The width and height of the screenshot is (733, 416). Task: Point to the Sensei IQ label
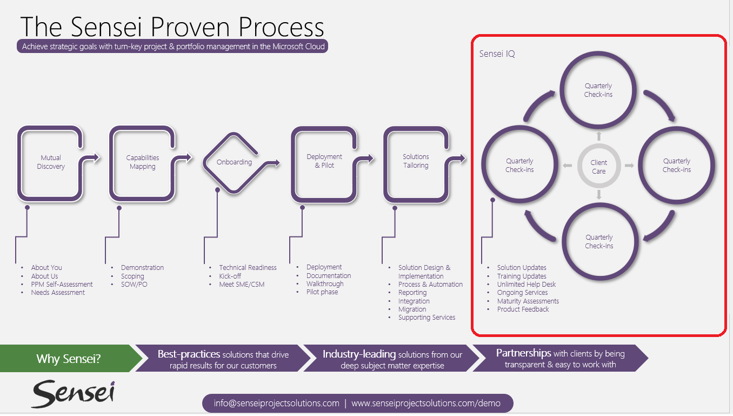pos(497,54)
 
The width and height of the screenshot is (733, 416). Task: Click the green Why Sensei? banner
pos(69,358)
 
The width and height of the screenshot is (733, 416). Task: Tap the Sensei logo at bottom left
pos(73,394)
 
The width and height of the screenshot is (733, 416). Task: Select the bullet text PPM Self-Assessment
pos(62,285)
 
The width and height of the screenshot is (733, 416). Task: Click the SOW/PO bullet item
pos(134,285)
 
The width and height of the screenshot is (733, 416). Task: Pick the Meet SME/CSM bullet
pos(242,285)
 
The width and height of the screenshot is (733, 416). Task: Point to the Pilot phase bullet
pos(322,292)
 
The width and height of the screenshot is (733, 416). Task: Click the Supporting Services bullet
pos(427,318)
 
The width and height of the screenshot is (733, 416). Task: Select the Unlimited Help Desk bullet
pos(527,285)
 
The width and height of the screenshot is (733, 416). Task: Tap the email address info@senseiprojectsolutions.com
pos(277,403)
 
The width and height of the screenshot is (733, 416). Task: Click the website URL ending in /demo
pos(426,403)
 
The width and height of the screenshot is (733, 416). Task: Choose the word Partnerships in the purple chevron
pos(524,353)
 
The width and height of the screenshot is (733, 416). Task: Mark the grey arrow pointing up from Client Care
pos(599,136)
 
